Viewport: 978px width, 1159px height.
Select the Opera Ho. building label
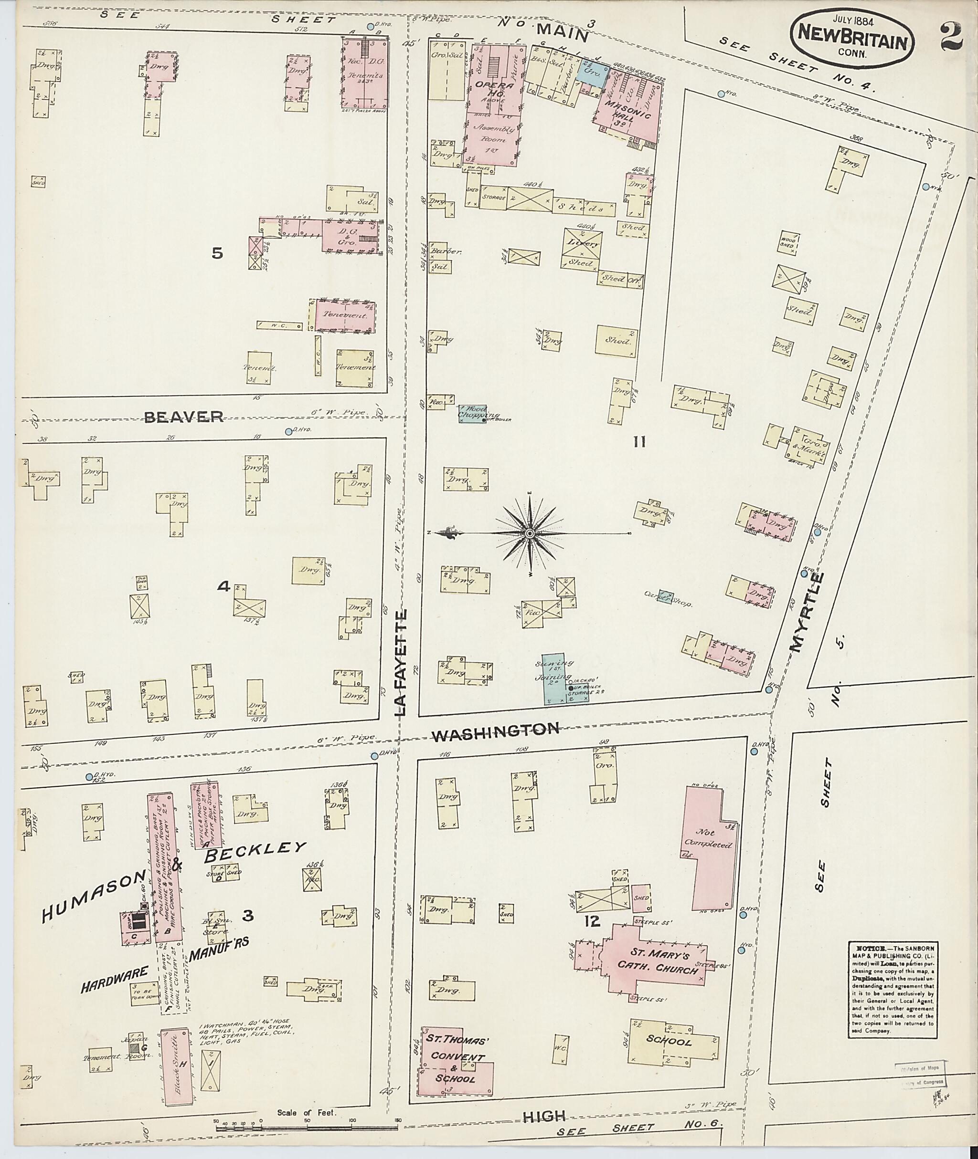point(495,91)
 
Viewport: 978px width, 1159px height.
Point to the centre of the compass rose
point(530,533)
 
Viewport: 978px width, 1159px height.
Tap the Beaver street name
point(183,416)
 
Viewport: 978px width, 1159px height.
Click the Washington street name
point(496,731)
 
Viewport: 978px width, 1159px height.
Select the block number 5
point(217,253)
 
